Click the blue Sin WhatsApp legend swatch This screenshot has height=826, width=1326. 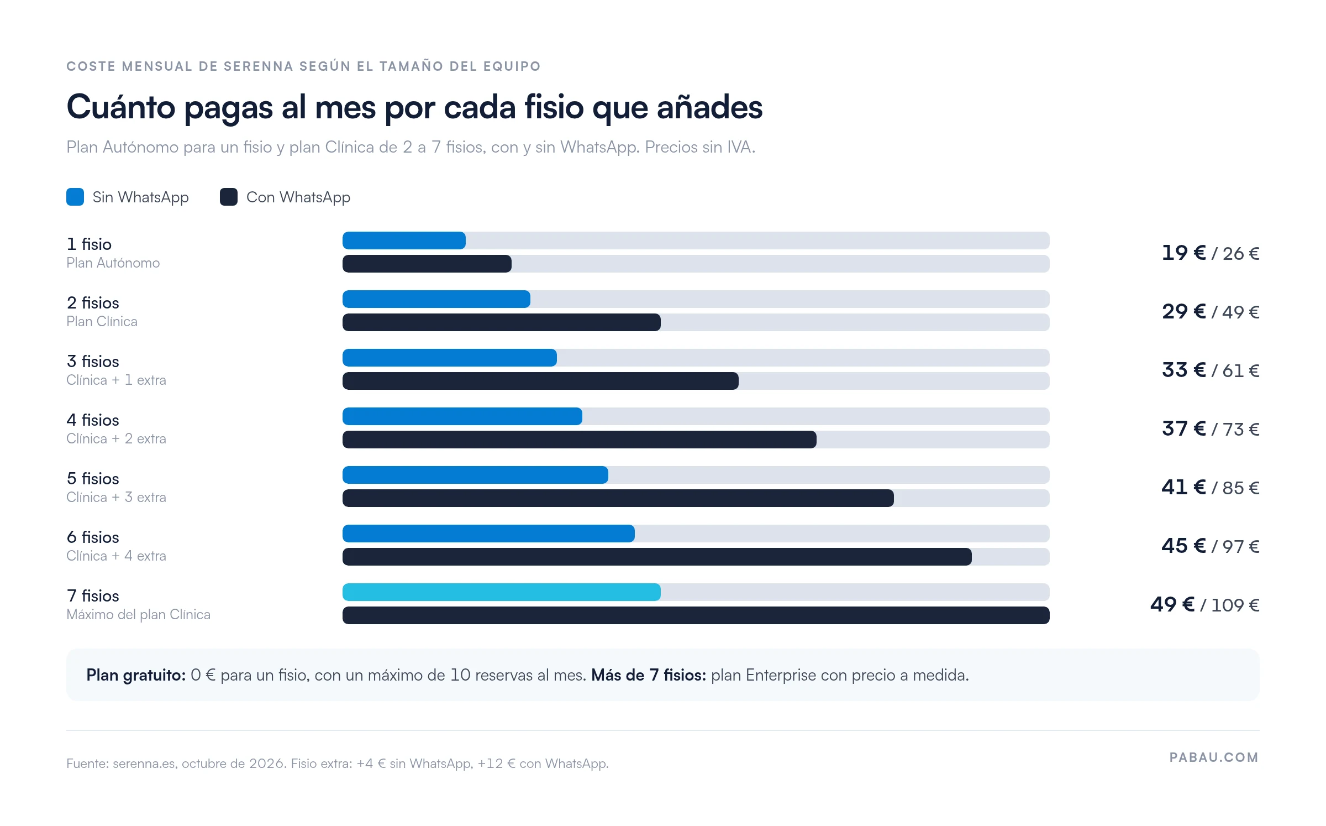pos(75,197)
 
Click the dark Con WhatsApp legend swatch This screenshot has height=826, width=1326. pos(229,197)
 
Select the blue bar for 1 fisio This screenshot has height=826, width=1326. pos(404,241)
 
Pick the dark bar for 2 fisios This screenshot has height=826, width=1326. pos(502,322)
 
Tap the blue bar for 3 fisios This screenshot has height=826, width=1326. pos(450,358)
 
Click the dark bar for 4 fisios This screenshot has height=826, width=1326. pos(580,440)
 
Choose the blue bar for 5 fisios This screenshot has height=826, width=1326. pos(475,475)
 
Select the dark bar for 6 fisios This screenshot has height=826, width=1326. pos(657,557)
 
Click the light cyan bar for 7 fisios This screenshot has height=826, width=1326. pos(502,592)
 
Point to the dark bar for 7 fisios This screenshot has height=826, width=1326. pos(696,615)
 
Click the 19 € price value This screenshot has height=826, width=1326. pos(1183,253)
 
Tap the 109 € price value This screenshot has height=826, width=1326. pos(1235,605)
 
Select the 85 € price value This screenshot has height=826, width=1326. pos(1241,488)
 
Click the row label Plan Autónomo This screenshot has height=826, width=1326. pos(113,263)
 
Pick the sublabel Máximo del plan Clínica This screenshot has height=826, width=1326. pos(138,614)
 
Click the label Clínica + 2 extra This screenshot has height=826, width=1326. pos(116,438)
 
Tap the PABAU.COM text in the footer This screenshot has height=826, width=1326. pos(1214,757)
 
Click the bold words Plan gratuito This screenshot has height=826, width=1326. pos(136,675)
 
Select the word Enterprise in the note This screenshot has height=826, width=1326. pos(781,675)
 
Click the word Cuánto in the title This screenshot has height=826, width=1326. pos(121,107)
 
